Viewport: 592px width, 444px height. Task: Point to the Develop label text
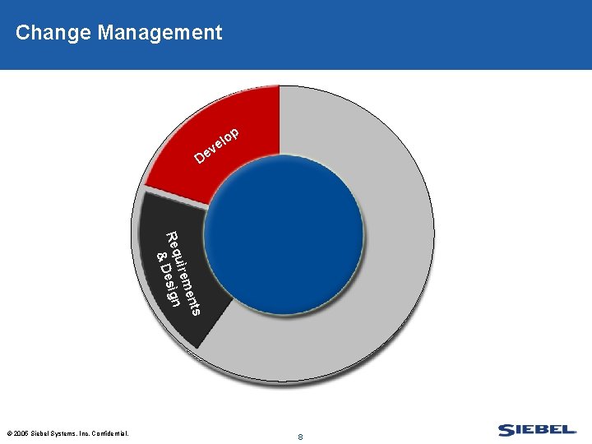point(217,145)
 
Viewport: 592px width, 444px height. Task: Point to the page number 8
point(301,437)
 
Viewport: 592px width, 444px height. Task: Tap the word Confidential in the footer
point(110,432)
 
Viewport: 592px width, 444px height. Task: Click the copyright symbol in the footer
point(8,432)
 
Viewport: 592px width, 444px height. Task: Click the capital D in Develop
point(200,156)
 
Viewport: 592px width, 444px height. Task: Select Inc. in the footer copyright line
point(83,432)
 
